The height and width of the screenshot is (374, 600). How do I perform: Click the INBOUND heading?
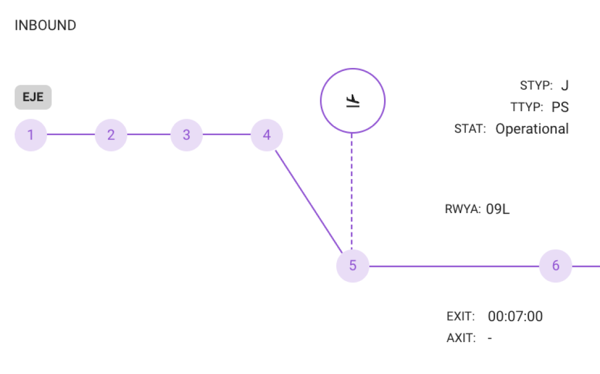pos(45,25)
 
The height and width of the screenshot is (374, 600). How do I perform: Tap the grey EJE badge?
pos(33,97)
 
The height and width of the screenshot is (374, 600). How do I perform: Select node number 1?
pos(31,135)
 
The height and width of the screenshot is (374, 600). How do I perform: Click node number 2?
pos(111,135)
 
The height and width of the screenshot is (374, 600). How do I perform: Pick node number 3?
pos(186,135)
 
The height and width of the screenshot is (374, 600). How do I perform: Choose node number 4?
pos(267,135)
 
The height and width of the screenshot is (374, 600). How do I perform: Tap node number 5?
pos(353,266)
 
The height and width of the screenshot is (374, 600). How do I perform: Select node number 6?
pos(556,266)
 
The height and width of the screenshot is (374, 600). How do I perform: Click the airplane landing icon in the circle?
pos(353,101)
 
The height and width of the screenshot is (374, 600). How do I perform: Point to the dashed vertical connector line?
pos(352,191)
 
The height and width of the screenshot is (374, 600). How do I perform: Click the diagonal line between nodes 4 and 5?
pos(309,202)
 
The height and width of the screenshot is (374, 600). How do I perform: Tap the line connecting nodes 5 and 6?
pos(454,266)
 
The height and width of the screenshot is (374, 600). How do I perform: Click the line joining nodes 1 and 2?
pos(71,134)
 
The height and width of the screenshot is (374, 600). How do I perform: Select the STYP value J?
pos(565,85)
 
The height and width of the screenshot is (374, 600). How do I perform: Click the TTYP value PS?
pos(560,107)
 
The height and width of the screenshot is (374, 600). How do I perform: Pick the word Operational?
pos(532,128)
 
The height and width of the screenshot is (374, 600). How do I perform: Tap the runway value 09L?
pos(498,209)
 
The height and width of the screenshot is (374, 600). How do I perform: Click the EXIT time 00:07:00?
pos(515,317)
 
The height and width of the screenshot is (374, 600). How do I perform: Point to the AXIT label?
pos(461,338)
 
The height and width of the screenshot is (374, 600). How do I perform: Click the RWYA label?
pos(463,209)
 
